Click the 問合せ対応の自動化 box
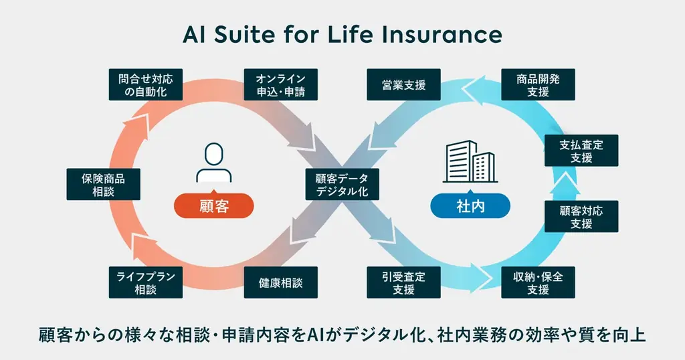[145, 85]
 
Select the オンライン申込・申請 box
[280, 85]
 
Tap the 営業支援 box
[404, 85]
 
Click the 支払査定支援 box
[581, 151]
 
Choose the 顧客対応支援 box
[581, 216]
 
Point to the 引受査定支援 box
[404, 282]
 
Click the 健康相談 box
[280, 282]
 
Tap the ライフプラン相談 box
[145, 282]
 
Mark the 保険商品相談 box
[103, 184]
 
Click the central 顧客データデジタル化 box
[342, 184]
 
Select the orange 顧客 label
[214, 206]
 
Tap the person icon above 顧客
[214, 164]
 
